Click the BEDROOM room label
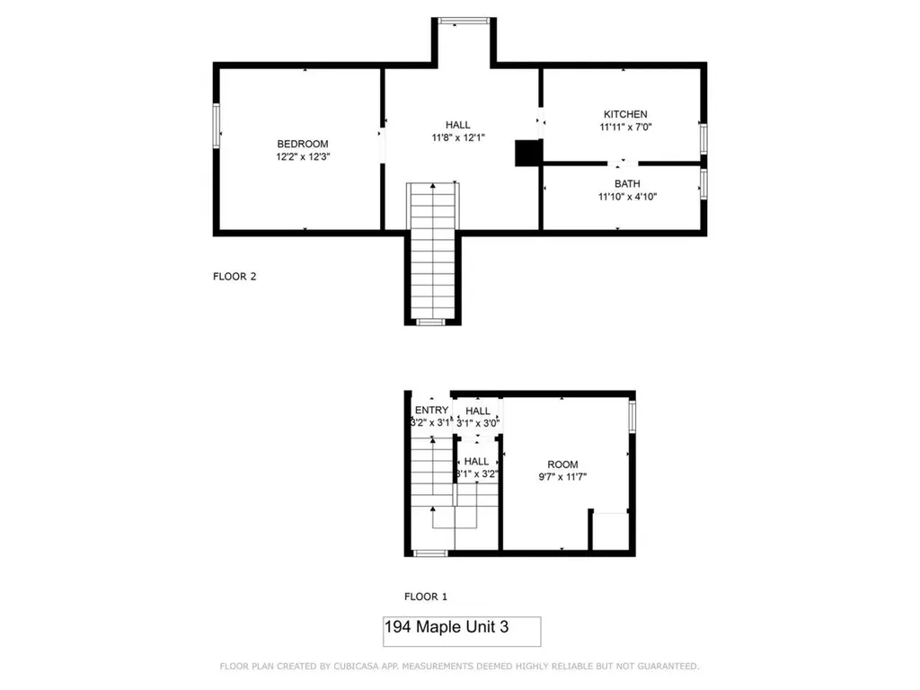point(302,144)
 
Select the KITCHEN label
point(624,114)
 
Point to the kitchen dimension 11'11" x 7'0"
point(624,127)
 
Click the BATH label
point(627,183)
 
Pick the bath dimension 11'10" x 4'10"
point(627,196)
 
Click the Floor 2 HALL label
point(457,125)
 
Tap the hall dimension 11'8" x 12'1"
point(457,137)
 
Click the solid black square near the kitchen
point(526,154)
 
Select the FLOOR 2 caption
point(234,277)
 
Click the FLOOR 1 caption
point(425,597)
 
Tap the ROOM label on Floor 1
point(562,464)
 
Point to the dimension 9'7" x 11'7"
point(562,477)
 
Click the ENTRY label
point(431,411)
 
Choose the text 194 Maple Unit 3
point(446,627)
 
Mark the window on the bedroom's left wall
point(217,125)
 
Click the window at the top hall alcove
point(464,19)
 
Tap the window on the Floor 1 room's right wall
point(632,415)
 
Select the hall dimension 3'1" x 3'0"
point(478,422)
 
